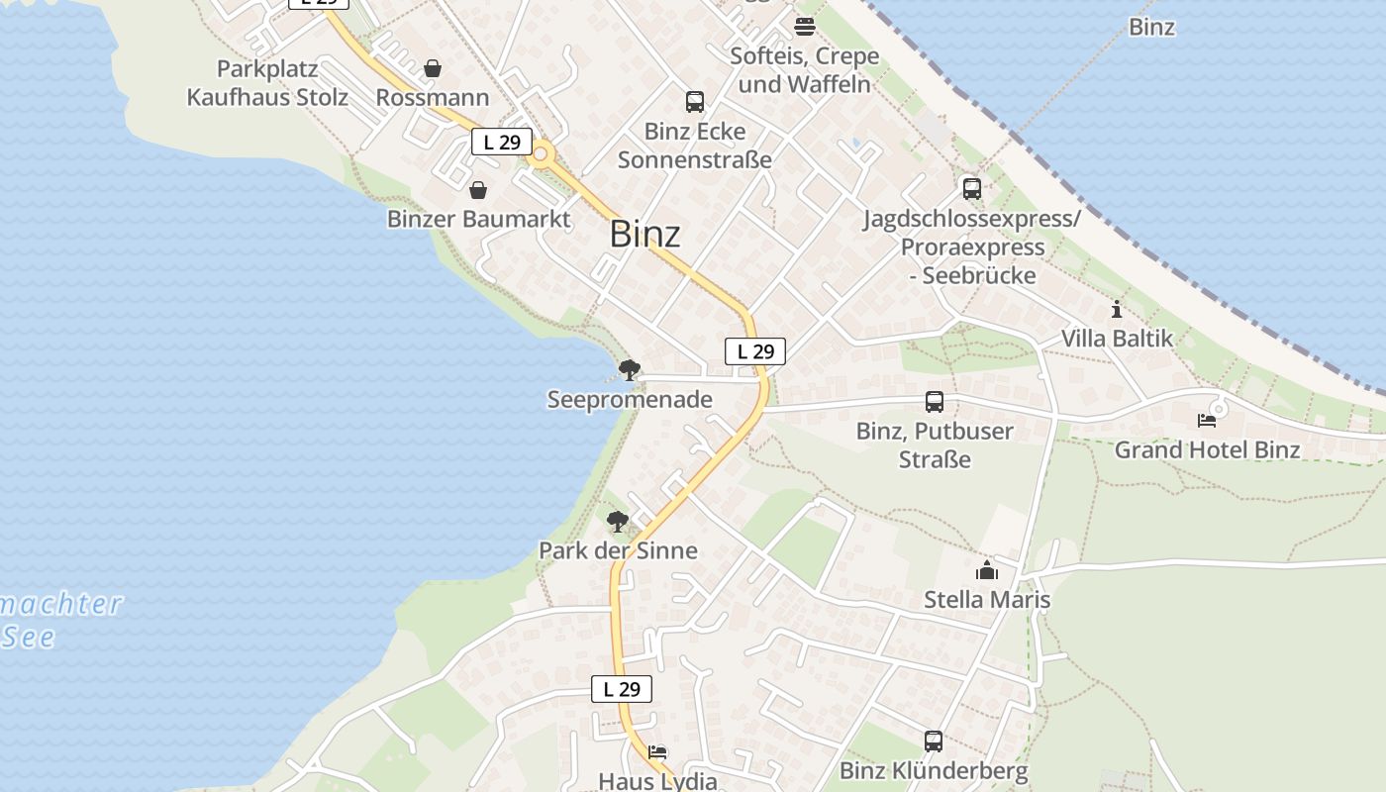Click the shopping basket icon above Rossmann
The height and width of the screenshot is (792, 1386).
tap(433, 68)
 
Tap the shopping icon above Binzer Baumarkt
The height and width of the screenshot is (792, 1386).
tap(478, 190)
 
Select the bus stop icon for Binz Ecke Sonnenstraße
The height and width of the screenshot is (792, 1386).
tap(695, 101)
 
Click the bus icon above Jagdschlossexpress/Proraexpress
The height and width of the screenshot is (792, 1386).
tap(971, 188)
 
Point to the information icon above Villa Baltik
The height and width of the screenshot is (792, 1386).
tap(1117, 309)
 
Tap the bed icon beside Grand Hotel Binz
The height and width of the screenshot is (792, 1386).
tap(1207, 420)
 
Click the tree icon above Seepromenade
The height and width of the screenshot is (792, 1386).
tap(629, 371)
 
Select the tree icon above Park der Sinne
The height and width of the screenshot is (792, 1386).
tap(617, 521)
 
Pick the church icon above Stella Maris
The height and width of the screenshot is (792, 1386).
tap(987, 570)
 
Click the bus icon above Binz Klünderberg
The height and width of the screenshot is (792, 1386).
tap(934, 741)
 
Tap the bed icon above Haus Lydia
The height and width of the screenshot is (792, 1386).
tap(657, 752)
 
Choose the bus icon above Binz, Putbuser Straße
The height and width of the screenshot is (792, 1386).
tap(935, 402)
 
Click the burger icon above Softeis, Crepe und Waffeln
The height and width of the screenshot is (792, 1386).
tap(805, 26)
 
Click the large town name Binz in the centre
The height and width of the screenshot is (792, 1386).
tap(644, 235)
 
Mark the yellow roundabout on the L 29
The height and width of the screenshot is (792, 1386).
tap(541, 154)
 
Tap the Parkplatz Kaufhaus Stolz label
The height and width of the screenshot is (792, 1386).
tap(267, 83)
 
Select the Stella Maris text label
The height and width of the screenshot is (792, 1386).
tap(987, 600)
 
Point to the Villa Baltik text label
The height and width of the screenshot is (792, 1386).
tap(1117, 339)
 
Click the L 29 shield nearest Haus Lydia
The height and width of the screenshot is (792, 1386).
tap(622, 690)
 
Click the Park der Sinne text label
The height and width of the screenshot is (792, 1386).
tap(618, 550)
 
